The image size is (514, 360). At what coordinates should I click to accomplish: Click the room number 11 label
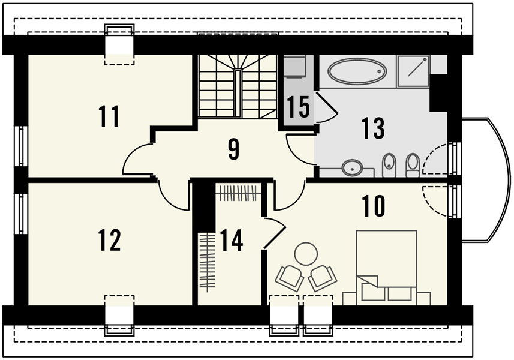click(x=109, y=117)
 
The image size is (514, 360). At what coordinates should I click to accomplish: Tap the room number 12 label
click(x=110, y=240)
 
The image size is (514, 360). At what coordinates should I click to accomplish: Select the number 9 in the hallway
click(x=234, y=150)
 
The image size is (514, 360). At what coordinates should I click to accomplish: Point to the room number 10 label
click(x=374, y=206)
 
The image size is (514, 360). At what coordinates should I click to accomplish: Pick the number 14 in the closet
click(x=231, y=241)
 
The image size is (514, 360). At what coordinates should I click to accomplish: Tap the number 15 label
click(x=298, y=107)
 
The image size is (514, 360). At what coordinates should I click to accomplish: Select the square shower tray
click(x=413, y=71)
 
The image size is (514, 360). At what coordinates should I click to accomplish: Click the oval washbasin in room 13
click(x=353, y=169)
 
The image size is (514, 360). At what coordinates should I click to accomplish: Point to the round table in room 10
click(x=306, y=253)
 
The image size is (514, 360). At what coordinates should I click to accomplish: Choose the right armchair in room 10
click(x=323, y=278)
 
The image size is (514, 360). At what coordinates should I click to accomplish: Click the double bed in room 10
click(x=386, y=268)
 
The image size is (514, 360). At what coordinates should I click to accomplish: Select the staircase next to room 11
click(x=238, y=86)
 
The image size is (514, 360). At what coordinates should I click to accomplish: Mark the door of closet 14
click(x=275, y=232)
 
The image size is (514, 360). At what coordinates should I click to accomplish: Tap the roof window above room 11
click(x=119, y=44)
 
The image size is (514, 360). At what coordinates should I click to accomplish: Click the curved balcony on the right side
click(x=487, y=181)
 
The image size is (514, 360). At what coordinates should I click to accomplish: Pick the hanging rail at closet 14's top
click(x=238, y=193)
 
